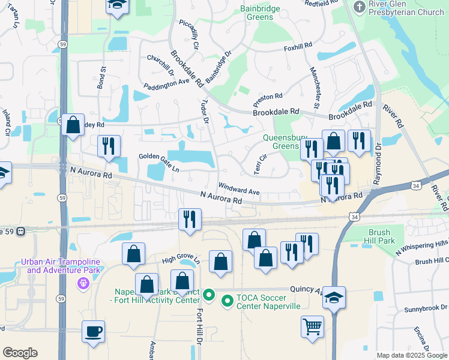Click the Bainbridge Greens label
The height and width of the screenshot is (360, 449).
coord(261,13)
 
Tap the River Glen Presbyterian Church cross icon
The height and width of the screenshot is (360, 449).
coord(360,7)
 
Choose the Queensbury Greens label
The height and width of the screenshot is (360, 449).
coord(281,141)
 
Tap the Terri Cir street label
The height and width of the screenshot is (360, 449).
coord(260,164)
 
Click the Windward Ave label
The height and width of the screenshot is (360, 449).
coord(238,188)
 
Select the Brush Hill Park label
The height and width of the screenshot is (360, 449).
coord(381,236)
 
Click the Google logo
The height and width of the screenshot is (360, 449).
coord(20,353)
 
